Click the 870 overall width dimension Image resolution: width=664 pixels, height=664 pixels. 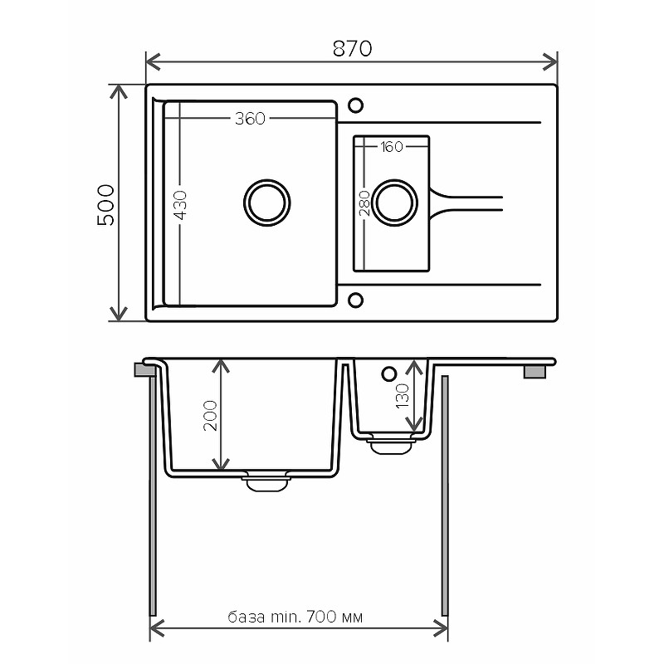click(352, 48)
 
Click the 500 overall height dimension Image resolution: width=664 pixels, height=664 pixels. click(106, 205)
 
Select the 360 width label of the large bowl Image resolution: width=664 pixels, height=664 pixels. click(250, 119)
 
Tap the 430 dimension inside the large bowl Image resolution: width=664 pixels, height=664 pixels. click(180, 205)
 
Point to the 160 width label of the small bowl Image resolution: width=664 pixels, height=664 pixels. click(391, 147)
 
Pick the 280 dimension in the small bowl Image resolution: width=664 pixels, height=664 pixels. click(364, 203)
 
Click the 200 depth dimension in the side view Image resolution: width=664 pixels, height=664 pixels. click(211, 416)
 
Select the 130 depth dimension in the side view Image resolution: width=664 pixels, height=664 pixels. click(403, 396)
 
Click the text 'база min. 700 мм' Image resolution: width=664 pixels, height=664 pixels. click(295, 617)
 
